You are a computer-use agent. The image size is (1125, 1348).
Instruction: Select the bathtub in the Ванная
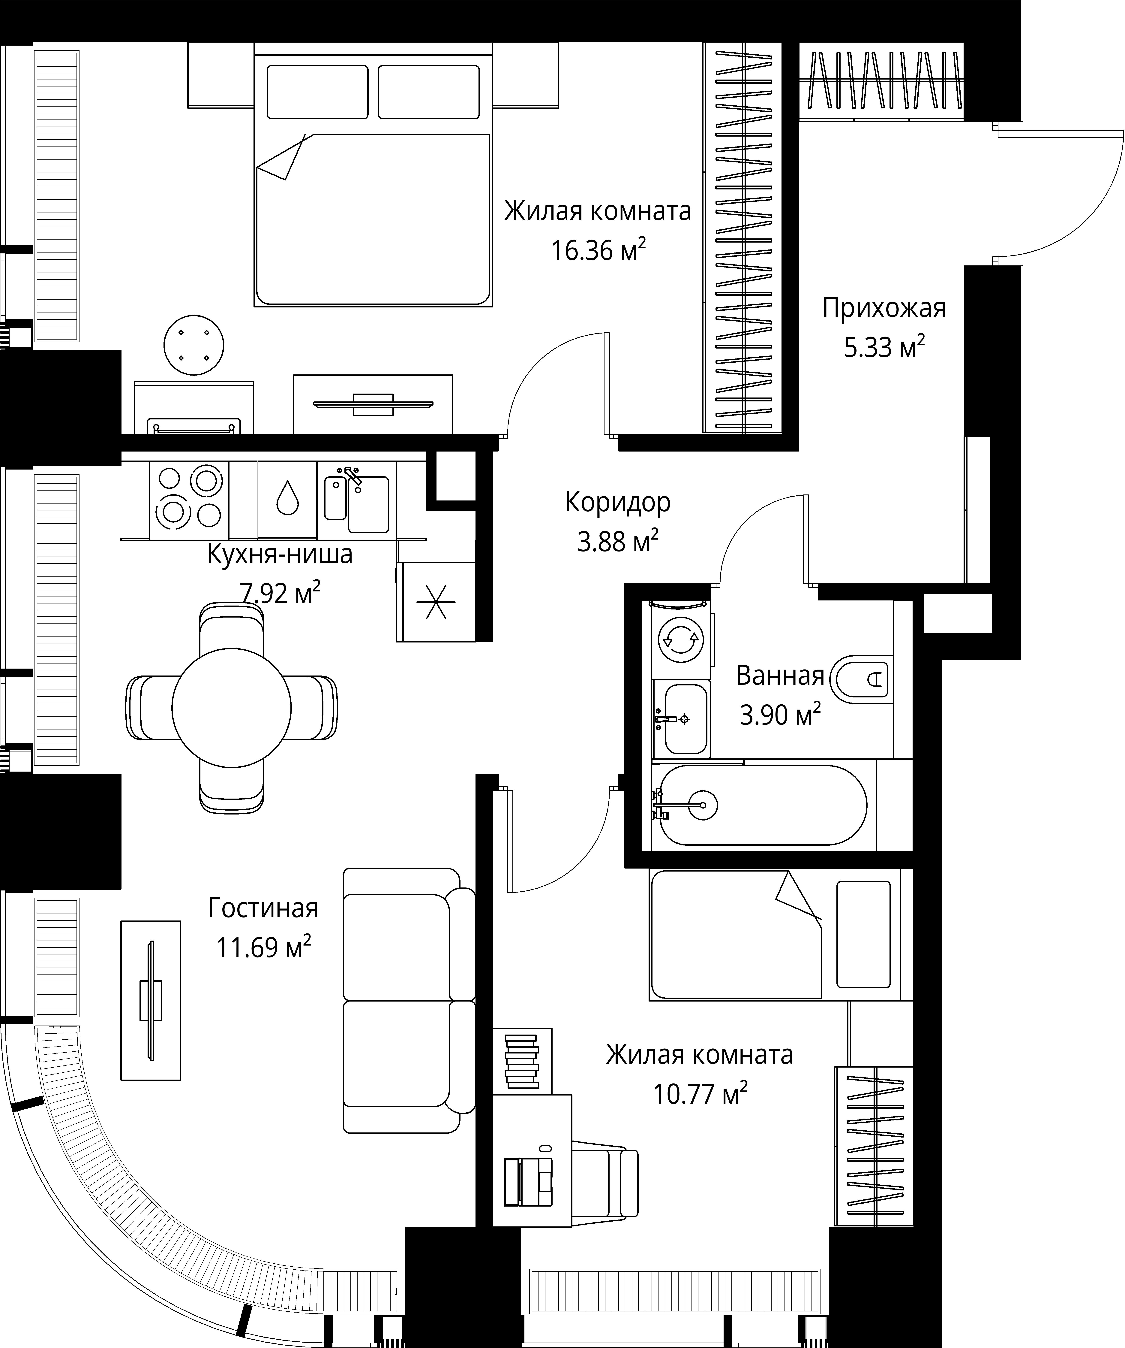click(762, 805)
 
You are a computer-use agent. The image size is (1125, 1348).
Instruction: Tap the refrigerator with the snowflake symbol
click(436, 601)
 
